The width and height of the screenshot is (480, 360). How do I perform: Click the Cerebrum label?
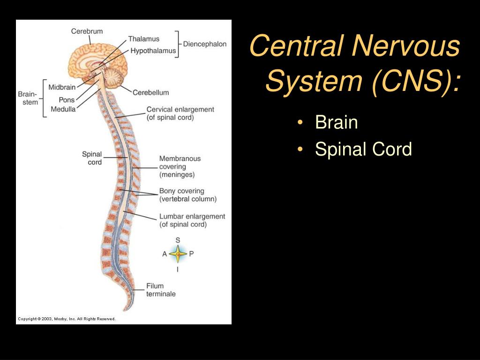coord(87,31)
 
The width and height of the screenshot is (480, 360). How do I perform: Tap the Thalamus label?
coord(143,39)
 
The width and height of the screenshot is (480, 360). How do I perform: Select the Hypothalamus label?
coord(153,51)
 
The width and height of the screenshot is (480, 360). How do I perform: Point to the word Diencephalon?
coord(205,44)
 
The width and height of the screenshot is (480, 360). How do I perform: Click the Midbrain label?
coord(62,87)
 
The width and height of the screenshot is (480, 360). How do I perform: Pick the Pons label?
coord(67,100)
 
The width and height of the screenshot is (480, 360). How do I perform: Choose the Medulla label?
coord(63,109)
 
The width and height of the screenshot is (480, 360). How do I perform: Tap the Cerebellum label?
coord(150,92)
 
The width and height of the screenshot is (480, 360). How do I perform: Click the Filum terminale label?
coord(161,290)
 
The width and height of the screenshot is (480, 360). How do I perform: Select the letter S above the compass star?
coord(178,240)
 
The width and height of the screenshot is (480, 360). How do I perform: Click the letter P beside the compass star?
coord(191,254)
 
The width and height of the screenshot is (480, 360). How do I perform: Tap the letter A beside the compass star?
coord(165,254)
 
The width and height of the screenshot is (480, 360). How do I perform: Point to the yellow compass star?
coord(178,254)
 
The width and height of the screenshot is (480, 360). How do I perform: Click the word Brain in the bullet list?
coord(337,122)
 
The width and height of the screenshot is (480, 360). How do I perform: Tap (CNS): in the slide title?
coord(417,81)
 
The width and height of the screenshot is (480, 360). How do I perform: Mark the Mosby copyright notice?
coord(67,319)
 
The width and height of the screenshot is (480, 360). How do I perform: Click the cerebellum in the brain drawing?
coord(114,77)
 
